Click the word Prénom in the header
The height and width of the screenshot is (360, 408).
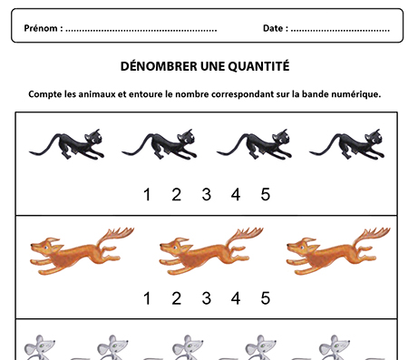pos(41,28)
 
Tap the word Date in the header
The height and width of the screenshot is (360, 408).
pos(273,28)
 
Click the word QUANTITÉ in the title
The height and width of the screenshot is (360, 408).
pos(258,66)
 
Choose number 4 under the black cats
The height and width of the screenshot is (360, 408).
pos(236,194)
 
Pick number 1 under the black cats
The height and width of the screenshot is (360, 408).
pos(147,194)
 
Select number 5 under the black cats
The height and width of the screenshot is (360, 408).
pos(266,194)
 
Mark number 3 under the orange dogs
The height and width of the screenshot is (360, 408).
pos(207,298)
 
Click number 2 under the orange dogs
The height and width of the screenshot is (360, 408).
pos(177,298)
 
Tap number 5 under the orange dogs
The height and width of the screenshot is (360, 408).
pos(266,298)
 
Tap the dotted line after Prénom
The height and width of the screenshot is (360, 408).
pos(141,30)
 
